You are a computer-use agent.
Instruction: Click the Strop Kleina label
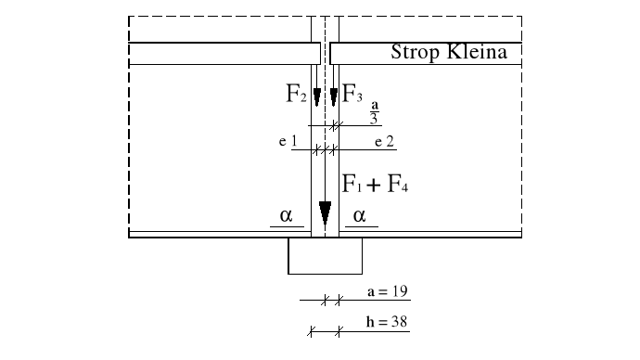449,53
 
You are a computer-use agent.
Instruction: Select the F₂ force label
296,92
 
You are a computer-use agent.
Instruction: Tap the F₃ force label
352,92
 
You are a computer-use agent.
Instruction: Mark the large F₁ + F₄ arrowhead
325,215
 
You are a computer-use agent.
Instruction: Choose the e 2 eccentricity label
385,141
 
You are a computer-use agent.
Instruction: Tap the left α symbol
286,215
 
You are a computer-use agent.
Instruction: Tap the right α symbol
360,215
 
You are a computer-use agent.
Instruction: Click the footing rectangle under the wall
325,256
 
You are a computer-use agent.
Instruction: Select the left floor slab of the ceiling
221,54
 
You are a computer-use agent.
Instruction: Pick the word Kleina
475,53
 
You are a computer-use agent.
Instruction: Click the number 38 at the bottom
402,322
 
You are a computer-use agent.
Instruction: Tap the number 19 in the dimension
402,290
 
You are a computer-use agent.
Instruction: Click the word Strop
414,53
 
